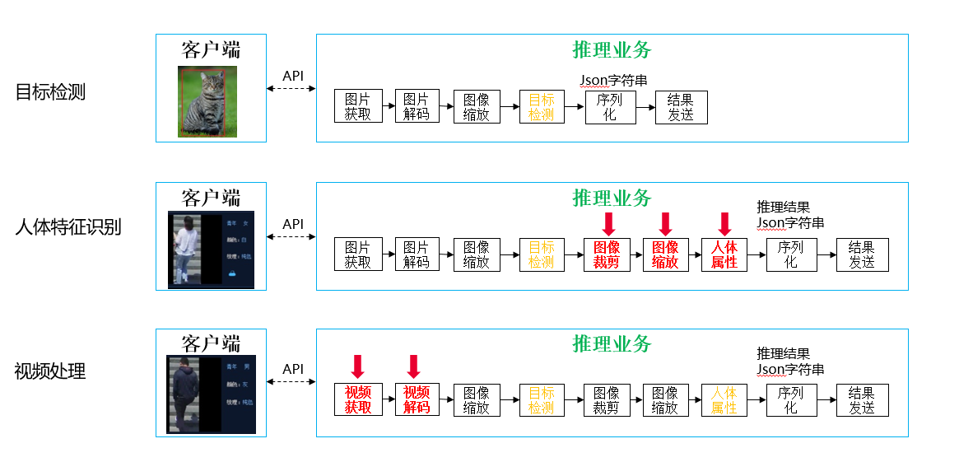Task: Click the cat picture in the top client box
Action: click(207, 101)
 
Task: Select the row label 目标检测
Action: click(50, 92)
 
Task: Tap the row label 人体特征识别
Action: click(68, 226)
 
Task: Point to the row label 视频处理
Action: click(50, 371)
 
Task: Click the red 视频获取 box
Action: click(358, 399)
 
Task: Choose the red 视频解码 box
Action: click(417, 399)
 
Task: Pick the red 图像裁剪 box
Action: click(607, 254)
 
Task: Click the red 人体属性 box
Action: click(724, 254)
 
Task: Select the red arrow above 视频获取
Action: click(357, 366)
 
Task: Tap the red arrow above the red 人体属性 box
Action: click(724, 223)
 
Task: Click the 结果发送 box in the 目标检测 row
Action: click(681, 107)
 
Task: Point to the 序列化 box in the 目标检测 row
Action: click(610, 107)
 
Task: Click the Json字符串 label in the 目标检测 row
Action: click(613, 80)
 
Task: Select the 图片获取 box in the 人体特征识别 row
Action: click(358, 254)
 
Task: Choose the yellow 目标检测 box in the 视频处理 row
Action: click(542, 399)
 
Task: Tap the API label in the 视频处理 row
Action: click(293, 370)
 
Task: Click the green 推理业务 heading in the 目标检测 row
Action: click(612, 50)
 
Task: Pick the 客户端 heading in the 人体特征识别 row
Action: click(211, 198)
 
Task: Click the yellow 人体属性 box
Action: click(724, 399)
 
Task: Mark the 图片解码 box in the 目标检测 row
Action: click(417, 107)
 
